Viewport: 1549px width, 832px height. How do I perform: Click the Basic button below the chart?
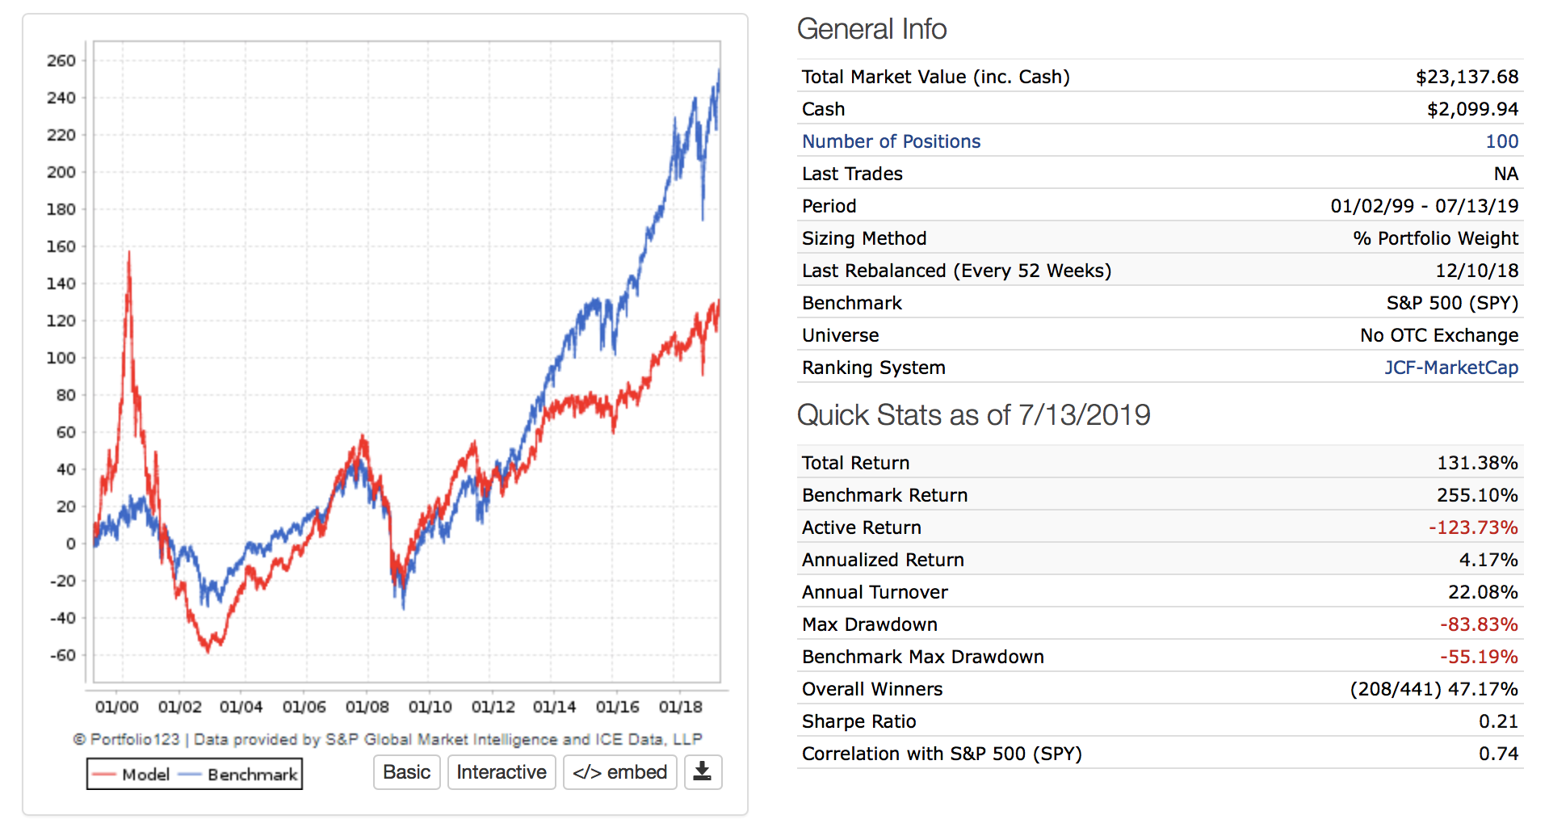click(406, 772)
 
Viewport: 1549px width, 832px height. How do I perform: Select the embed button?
click(619, 772)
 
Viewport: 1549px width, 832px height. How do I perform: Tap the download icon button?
click(703, 772)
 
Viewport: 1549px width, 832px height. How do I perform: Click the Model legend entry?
click(131, 775)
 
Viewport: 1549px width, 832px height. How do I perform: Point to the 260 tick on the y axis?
click(61, 61)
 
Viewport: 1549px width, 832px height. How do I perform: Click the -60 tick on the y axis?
click(62, 655)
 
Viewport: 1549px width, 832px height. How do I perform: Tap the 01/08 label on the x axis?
click(367, 707)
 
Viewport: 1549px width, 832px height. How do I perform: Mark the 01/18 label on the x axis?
click(680, 707)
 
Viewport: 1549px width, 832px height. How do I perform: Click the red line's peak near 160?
click(128, 253)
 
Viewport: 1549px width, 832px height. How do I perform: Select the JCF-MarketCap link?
click(1450, 368)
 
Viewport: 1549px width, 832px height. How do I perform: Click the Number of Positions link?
click(891, 141)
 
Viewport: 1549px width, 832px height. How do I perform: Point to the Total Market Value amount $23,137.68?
click(1467, 77)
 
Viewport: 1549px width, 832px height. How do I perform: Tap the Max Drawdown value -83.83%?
click(1478, 624)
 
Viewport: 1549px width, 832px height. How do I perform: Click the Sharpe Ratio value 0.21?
click(1498, 721)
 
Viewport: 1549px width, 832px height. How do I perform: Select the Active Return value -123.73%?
click(1472, 527)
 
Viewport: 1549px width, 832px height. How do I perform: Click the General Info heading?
click(871, 29)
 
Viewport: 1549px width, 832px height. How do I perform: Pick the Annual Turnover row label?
click(875, 592)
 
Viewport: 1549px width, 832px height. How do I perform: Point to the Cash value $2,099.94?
click(1472, 109)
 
